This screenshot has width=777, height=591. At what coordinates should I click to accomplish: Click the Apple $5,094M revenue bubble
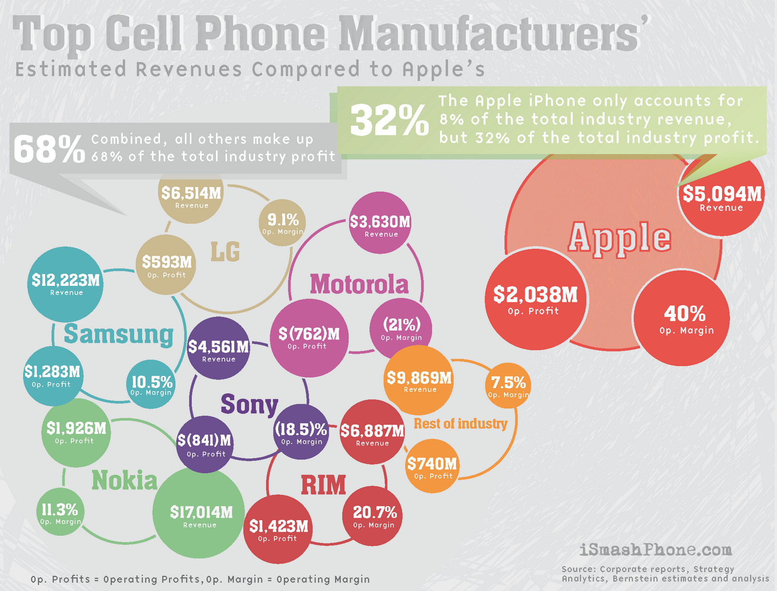[721, 197]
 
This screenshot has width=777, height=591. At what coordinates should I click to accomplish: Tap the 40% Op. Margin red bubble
[682, 318]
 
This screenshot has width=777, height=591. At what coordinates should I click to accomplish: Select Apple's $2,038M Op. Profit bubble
[536, 299]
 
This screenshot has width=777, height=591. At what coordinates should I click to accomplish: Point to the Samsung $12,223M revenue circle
[66, 284]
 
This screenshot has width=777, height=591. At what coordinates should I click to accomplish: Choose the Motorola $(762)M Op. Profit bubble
[309, 338]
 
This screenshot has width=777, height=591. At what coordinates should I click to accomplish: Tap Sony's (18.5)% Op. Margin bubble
[302, 432]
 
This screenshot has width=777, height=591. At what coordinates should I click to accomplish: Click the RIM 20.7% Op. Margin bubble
[373, 516]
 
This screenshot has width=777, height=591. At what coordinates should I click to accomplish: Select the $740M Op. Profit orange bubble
[432, 467]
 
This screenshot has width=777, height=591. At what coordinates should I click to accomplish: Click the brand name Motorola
[359, 284]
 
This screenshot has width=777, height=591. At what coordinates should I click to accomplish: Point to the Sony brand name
[249, 404]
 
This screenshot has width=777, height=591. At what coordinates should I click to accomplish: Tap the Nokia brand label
[124, 481]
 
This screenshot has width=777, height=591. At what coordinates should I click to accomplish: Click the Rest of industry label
[460, 424]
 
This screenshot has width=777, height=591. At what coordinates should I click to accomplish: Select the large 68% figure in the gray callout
[49, 149]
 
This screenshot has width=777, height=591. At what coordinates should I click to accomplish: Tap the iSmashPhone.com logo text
[656, 549]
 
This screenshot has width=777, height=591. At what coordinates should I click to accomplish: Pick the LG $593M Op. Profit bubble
[167, 265]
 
